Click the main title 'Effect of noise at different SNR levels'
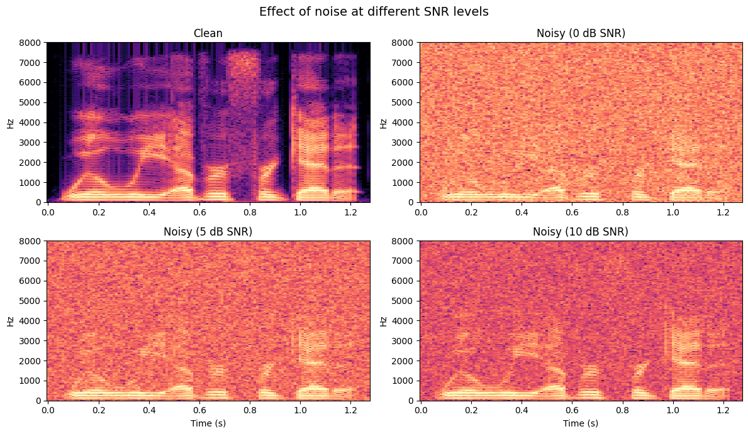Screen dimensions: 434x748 [374, 11]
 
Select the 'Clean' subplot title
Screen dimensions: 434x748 [208, 33]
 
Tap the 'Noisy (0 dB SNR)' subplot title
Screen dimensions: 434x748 [581, 33]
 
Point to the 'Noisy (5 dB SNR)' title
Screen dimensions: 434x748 [208, 232]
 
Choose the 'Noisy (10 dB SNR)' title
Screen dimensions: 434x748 [581, 232]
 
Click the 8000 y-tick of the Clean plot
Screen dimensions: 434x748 [31, 43]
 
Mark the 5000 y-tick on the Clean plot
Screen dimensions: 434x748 [31, 102]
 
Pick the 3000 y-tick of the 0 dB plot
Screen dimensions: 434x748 [405, 143]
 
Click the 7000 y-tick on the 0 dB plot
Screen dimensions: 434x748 [405, 63]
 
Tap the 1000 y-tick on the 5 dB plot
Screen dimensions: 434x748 [31, 381]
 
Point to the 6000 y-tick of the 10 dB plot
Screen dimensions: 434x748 [405, 281]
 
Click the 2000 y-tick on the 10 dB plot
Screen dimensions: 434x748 [405, 361]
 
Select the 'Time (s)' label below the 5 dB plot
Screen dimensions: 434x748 [208, 423]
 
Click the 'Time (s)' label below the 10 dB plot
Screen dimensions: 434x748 [581, 423]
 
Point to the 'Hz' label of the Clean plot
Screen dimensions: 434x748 [11, 122]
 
